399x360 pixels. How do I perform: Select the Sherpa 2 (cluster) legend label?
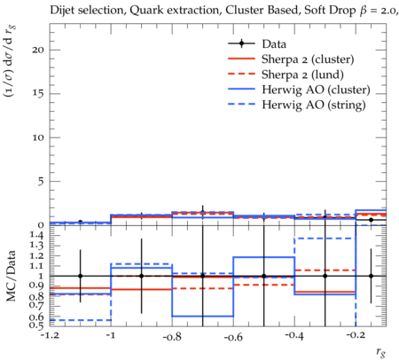[x=308, y=59]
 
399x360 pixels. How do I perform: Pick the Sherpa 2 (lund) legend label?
[x=302, y=74]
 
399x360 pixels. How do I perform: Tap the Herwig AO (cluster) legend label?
[x=316, y=90]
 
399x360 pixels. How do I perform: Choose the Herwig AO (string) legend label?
[x=314, y=106]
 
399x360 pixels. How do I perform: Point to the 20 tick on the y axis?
[x=38, y=50]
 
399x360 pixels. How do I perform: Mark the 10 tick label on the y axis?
[x=38, y=137]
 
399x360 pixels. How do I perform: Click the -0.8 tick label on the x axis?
[x=172, y=337]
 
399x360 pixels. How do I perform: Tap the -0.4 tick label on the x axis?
[x=294, y=336]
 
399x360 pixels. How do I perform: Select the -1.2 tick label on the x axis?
[x=50, y=336]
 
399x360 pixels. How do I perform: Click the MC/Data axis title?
[x=12, y=276]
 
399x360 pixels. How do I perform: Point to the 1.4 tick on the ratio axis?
[x=36, y=235]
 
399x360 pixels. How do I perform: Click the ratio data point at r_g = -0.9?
[x=142, y=276]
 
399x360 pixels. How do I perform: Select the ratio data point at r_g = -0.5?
[x=264, y=276]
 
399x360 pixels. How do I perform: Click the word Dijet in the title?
[x=62, y=11]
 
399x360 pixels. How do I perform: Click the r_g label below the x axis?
[x=381, y=352]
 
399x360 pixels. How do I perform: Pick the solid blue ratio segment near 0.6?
[x=203, y=317]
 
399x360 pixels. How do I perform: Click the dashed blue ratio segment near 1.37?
[x=325, y=239]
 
